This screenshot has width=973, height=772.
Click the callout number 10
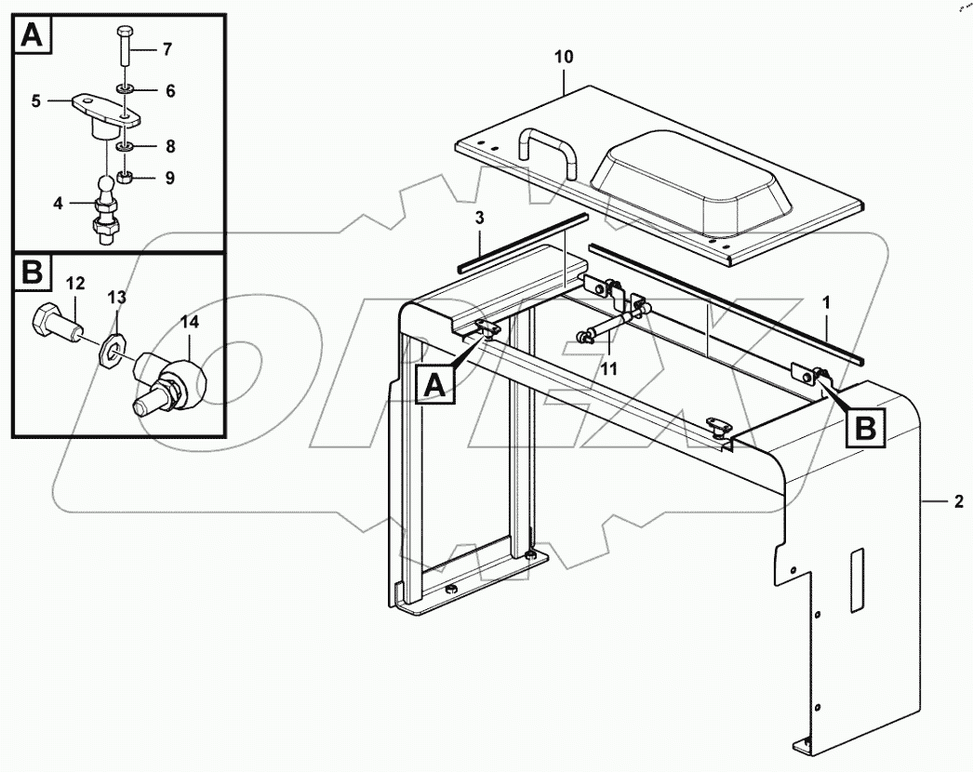click(x=564, y=58)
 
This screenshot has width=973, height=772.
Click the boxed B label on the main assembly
click(x=865, y=428)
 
